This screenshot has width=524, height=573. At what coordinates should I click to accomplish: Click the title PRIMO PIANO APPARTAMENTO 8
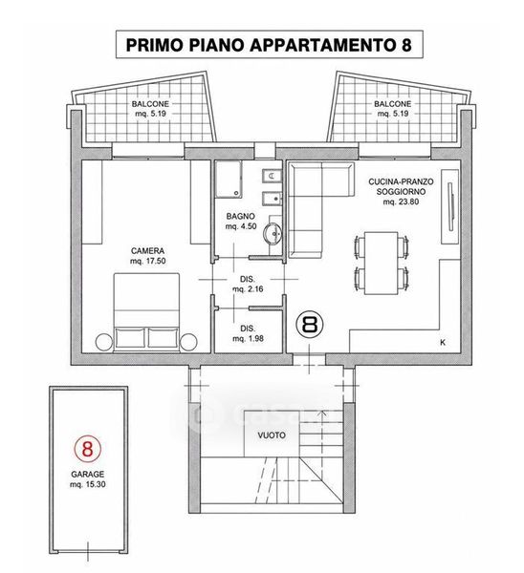pyautogui.click(x=269, y=45)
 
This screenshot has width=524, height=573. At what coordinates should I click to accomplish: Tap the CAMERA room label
pyautogui.click(x=148, y=250)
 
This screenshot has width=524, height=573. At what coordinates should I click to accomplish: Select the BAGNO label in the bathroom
pyautogui.click(x=240, y=217)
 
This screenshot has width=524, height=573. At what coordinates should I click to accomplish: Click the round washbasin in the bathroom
pyautogui.click(x=273, y=233)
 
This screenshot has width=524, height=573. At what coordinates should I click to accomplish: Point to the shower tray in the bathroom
pyautogui.click(x=228, y=180)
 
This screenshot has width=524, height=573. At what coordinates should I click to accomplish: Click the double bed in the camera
pyautogui.click(x=146, y=312)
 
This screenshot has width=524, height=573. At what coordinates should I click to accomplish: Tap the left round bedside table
pyautogui.click(x=104, y=342)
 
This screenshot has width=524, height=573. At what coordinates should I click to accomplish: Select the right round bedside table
pyautogui.click(x=188, y=342)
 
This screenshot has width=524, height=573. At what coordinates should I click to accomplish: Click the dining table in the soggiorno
pyautogui.click(x=381, y=263)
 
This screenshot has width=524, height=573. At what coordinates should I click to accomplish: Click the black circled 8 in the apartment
pyautogui.click(x=311, y=324)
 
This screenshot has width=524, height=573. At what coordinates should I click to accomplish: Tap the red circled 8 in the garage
pyautogui.click(x=87, y=448)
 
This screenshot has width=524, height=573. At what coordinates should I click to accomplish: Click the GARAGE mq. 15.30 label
pyautogui.click(x=88, y=479)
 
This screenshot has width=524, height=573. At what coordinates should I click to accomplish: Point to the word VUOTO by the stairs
pyautogui.click(x=272, y=435)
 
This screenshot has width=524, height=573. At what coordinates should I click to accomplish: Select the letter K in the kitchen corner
pyautogui.click(x=443, y=343)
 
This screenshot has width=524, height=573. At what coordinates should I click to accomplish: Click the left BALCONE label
pyautogui.click(x=150, y=109)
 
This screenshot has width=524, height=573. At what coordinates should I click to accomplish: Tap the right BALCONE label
pyautogui.click(x=393, y=109)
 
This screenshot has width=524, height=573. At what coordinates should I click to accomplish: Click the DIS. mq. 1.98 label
pyautogui.click(x=248, y=333)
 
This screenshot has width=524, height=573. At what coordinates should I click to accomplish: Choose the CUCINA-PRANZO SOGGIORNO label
pyautogui.click(x=401, y=192)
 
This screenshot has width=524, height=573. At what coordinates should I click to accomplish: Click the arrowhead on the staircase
pyautogui.click(x=322, y=414)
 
